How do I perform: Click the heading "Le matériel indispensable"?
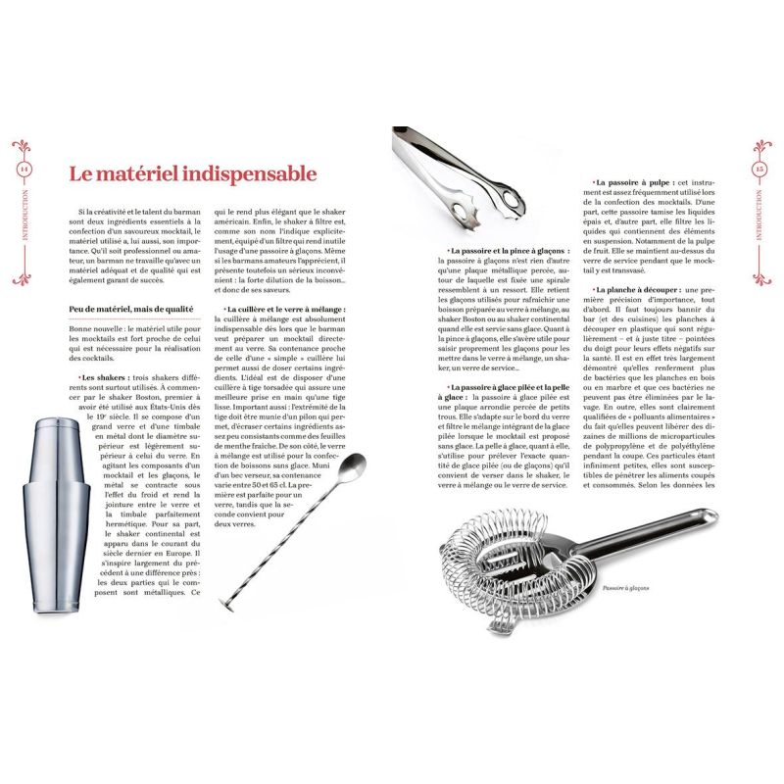tap(192, 174)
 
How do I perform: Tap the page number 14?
tap(23, 168)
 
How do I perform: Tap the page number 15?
tap(760, 168)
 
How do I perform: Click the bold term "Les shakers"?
tap(100, 377)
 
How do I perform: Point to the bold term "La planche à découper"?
tap(636, 290)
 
